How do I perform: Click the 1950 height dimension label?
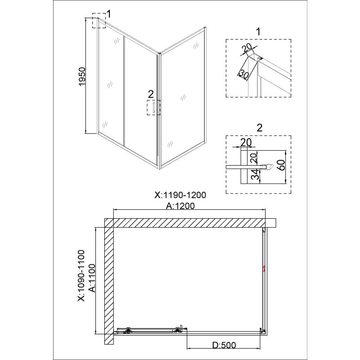[x=82, y=76]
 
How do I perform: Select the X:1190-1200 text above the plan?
[x=180, y=195]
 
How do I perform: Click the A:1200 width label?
[x=180, y=206]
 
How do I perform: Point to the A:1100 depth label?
[x=92, y=278]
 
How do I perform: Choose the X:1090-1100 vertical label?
[x=81, y=275]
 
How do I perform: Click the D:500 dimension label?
[x=224, y=345]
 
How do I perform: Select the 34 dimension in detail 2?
[x=254, y=175]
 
